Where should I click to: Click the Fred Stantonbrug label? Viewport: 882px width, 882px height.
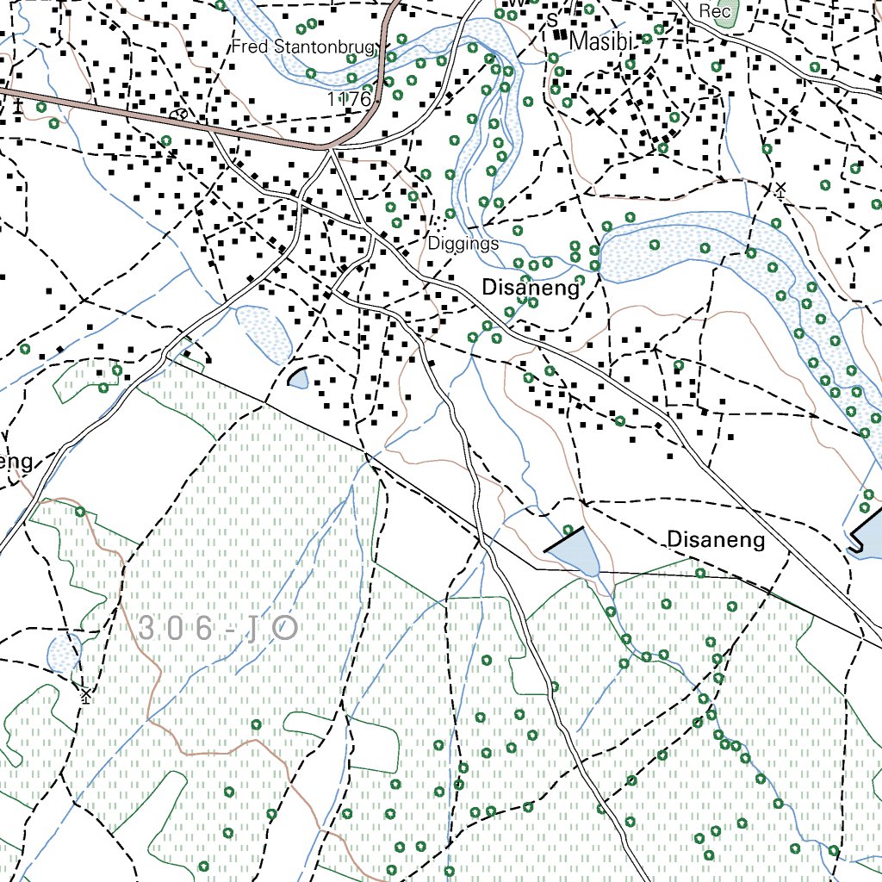303,47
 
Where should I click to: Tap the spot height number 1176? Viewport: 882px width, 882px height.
348,100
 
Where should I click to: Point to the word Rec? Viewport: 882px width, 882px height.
715,11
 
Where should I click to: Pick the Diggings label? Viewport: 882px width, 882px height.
463,244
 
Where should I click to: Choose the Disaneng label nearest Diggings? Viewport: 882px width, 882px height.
531,288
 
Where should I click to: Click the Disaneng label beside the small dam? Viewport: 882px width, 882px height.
716,540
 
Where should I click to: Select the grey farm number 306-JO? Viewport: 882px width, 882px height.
217,629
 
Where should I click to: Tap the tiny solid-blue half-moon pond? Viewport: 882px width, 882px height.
299,378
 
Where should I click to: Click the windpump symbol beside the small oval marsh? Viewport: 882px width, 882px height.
84,693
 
